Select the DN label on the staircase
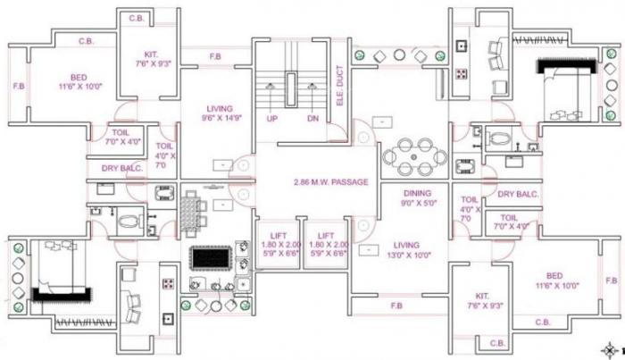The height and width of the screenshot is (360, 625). [x=312, y=118]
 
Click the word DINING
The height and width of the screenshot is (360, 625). [x=417, y=192]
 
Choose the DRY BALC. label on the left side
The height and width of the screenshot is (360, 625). [x=121, y=168]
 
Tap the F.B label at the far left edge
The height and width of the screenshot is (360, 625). [x=18, y=87]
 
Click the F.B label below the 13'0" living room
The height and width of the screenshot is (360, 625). [x=396, y=306]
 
